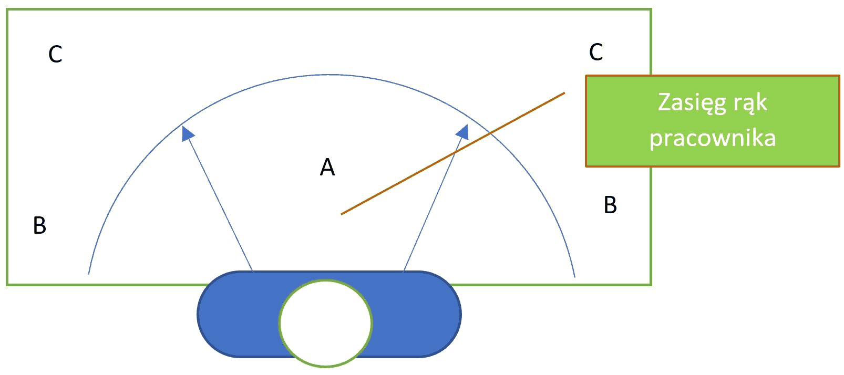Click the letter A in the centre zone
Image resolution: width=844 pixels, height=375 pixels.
click(327, 167)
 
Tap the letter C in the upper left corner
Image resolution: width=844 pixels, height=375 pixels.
click(55, 54)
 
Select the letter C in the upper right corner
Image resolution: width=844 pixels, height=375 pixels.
click(596, 52)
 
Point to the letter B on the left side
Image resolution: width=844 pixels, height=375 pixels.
click(39, 225)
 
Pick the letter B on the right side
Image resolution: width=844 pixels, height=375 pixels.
click(610, 205)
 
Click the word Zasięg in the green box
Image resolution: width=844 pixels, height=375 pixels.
click(692, 102)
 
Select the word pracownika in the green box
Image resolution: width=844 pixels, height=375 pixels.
click(713, 138)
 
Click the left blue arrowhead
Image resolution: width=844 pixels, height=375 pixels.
click(187, 133)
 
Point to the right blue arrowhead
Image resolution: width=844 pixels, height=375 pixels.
click(462, 132)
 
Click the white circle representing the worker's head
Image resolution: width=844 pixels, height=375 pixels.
click(326, 323)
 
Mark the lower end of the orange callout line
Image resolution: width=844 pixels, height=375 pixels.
click(342, 214)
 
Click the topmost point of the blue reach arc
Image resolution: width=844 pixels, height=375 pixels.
click(332, 75)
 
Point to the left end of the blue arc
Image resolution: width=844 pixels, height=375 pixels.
click(88, 274)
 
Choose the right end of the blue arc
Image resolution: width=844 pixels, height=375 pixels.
click(574, 277)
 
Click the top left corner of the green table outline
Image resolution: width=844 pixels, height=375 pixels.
click(7, 9)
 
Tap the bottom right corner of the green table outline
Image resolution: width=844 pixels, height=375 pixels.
click(651, 285)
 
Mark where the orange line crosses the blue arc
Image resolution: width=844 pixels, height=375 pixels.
click(489, 132)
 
